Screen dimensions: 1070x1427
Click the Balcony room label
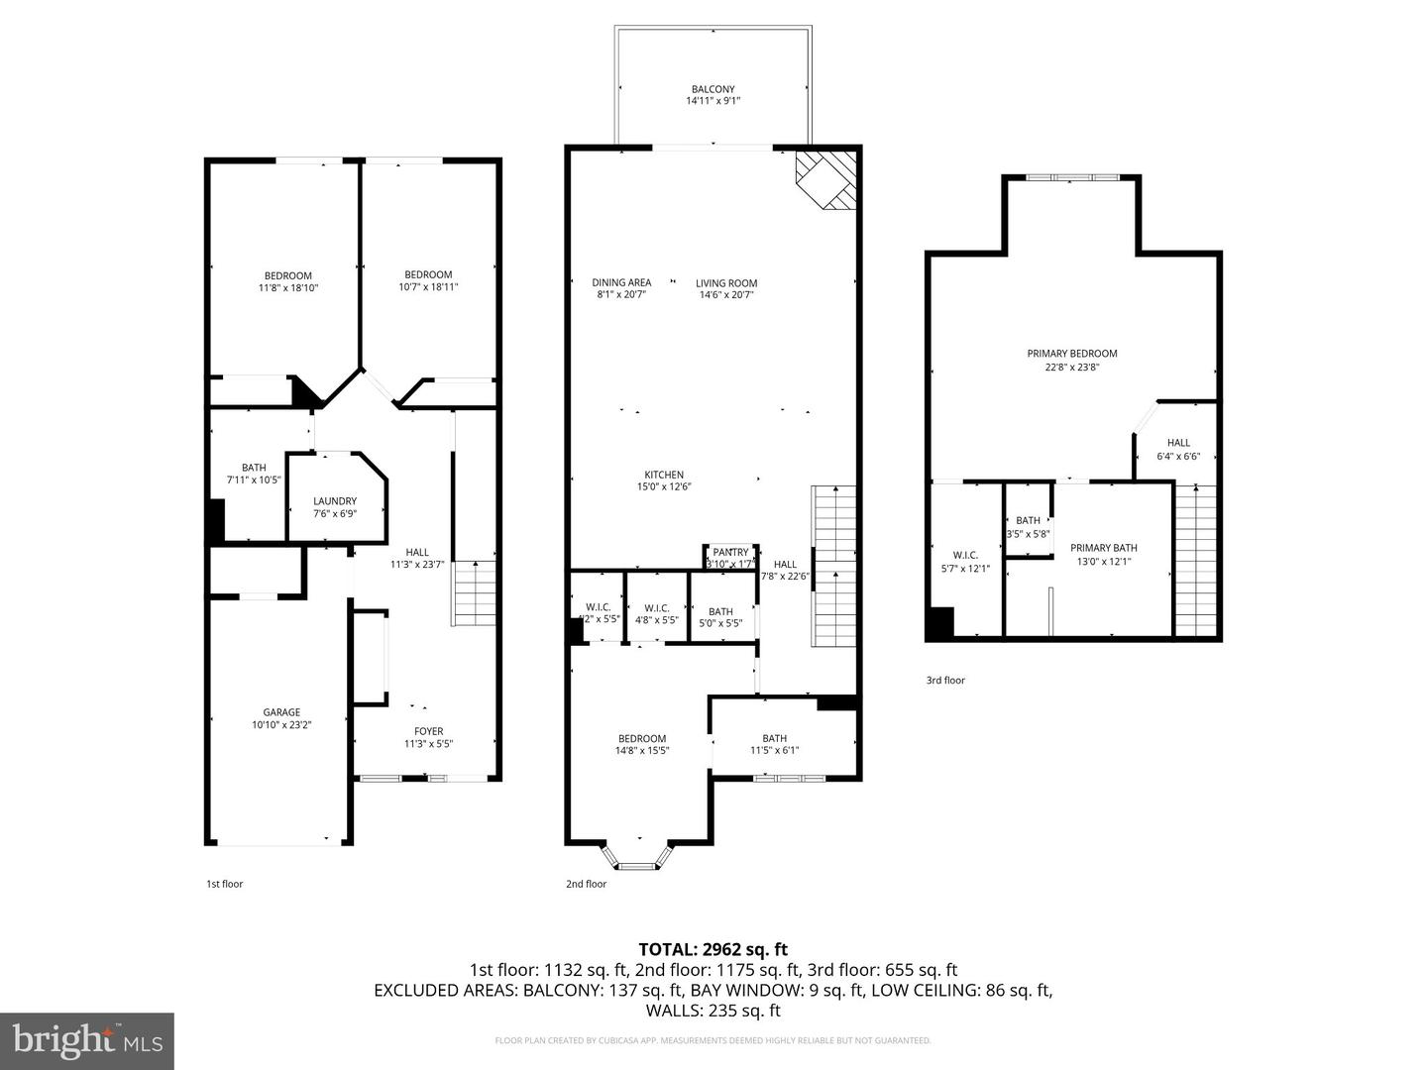(x=713, y=89)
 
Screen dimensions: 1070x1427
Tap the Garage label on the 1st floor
(x=281, y=712)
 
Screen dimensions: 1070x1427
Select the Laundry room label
(x=335, y=501)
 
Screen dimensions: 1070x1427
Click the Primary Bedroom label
(x=1071, y=354)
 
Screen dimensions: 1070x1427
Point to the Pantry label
(x=730, y=553)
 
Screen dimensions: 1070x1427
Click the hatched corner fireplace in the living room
(x=824, y=178)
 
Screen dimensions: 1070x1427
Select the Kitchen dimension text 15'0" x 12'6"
(x=663, y=486)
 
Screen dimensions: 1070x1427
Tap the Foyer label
(x=428, y=731)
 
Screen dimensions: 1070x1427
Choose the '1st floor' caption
(x=224, y=884)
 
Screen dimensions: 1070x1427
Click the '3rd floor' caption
(x=945, y=681)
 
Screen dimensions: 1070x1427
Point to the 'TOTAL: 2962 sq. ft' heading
(x=713, y=949)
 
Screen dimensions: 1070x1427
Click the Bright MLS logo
(x=87, y=1040)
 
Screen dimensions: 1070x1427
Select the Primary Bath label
(x=1104, y=548)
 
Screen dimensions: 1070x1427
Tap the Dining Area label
(x=621, y=282)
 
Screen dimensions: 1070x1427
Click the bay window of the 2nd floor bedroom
(x=639, y=858)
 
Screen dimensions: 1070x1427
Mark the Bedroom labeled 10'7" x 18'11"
(x=428, y=274)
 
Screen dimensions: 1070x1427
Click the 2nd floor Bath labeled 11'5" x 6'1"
(x=774, y=738)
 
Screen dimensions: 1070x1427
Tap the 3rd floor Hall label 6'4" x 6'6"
(x=1178, y=443)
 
